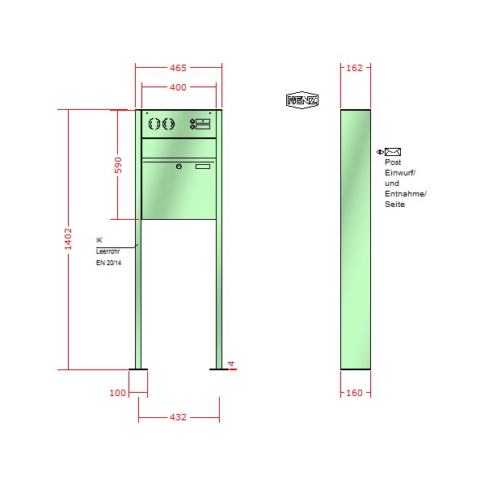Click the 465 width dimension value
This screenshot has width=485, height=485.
click(x=178, y=68)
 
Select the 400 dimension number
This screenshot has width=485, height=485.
click(x=178, y=87)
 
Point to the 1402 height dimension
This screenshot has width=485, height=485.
click(x=68, y=238)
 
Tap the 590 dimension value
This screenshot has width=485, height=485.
click(x=118, y=165)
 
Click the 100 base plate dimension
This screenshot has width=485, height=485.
click(x=117, y=393)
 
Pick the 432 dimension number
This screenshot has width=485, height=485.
click(x=178, y=417)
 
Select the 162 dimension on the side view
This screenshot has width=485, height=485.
click(x=354, y=68)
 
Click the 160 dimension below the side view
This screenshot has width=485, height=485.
click(x=354, y=393)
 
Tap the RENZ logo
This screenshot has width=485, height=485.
click(x=302, y=100)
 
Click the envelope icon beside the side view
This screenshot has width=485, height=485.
click(x=393, y=152)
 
